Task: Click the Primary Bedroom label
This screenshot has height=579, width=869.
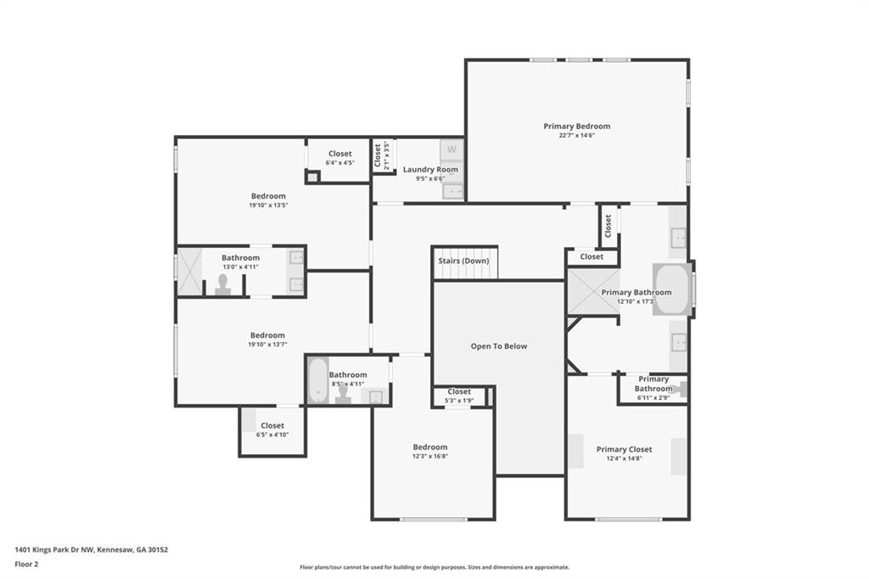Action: click(576, 126)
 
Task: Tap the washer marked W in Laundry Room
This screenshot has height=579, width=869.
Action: click(451, 149)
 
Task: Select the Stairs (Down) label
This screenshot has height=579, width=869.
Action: click(464, 261)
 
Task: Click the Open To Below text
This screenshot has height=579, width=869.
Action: click(499, 346)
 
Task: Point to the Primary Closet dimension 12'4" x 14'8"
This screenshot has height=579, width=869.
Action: click(624, 458)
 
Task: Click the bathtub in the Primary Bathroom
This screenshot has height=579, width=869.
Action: click(672, 289)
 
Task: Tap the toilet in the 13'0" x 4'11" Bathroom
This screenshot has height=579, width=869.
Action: click(223, 284)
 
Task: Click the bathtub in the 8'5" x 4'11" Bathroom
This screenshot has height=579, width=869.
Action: click(318, 380)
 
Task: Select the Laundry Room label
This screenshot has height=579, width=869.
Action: click(430, 170)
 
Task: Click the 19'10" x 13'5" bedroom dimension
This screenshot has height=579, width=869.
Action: click(268, 205)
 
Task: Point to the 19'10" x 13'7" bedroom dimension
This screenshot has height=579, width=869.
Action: click(267, 345)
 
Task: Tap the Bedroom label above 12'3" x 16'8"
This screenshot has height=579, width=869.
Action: click(430, 447)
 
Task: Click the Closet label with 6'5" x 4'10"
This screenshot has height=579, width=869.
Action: click(272, 425)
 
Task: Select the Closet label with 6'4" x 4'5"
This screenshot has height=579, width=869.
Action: click(339, 154)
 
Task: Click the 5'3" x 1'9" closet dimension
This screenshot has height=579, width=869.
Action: click(459, 401)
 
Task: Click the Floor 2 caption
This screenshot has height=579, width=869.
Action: click(26, 565)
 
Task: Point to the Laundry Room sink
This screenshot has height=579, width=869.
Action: click(453, 191)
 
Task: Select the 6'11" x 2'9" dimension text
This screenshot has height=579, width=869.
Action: click(653, 397)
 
